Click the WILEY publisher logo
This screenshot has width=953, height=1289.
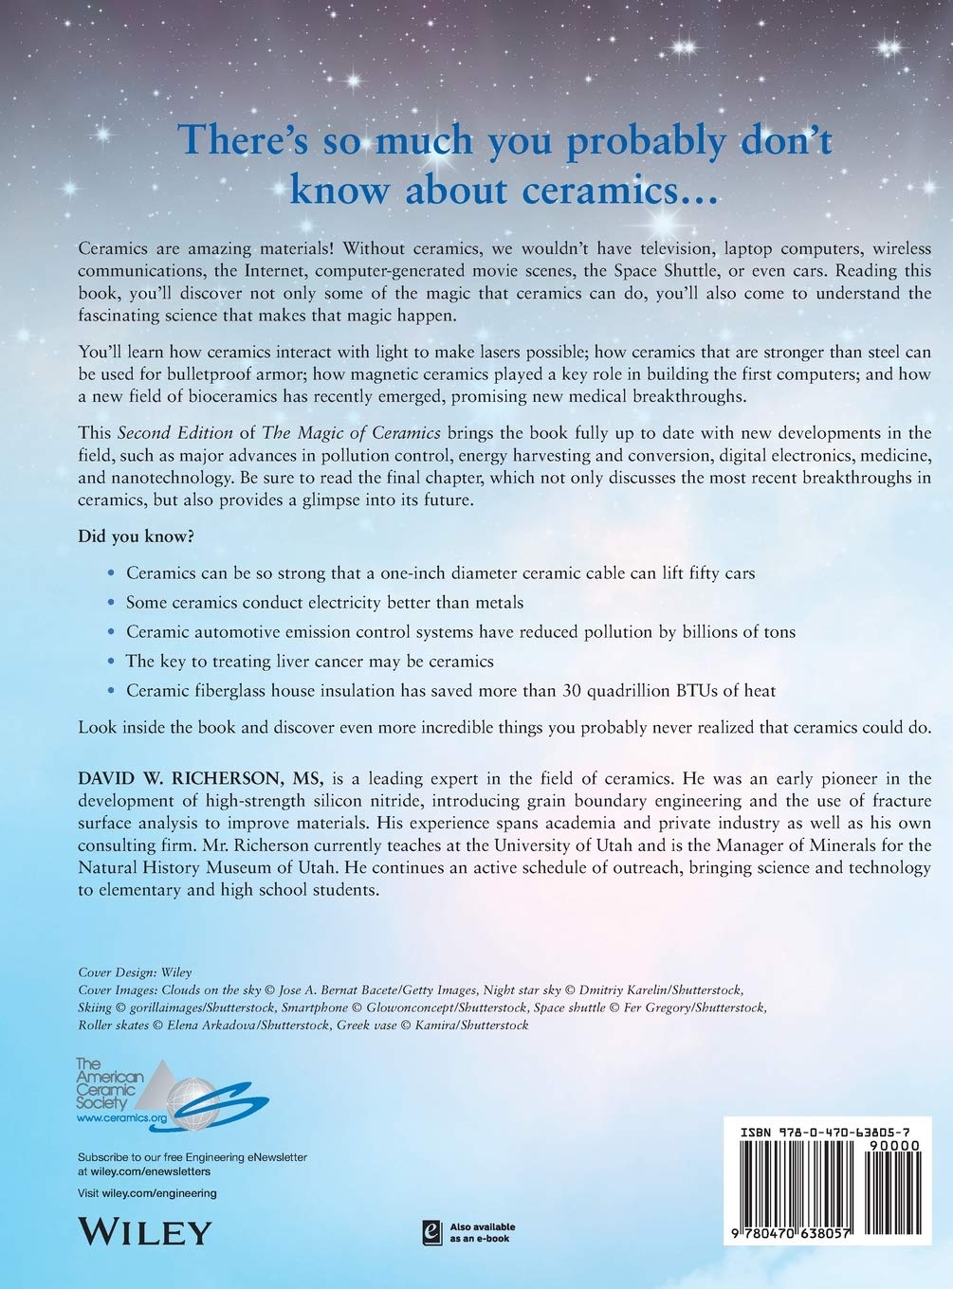(x=142, y=1231)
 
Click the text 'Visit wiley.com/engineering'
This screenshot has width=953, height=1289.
(x=146, y=1193)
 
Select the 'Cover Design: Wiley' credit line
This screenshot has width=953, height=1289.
(x=135, y=971)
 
